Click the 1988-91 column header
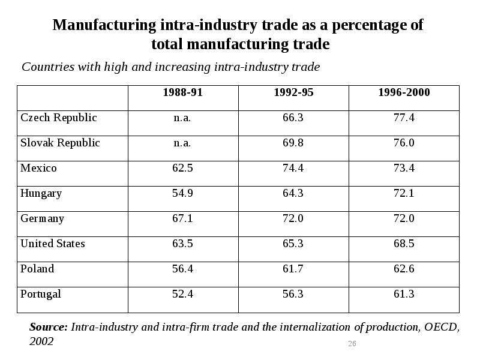coord(183,92)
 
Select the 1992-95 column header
coord(293,92)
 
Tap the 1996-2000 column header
coord(404,92)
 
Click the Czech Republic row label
coord(59,118)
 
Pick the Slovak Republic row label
coord(60,143)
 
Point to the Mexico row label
coord(38,168)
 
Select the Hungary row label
coord(41,193)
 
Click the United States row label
coord(53,244)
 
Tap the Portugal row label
coord(41,294)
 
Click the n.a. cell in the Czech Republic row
coord(182,118)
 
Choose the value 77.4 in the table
coord(404,118)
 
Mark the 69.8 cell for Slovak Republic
coord(293,143)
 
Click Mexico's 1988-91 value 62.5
coord(182,168)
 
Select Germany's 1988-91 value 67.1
coord(182,218)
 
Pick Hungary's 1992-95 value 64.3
coord(293,193)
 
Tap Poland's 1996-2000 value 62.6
coord(404,269)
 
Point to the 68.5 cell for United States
coord(404,244)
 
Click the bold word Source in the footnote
coord(48,328)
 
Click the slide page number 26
coord(352,344)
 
